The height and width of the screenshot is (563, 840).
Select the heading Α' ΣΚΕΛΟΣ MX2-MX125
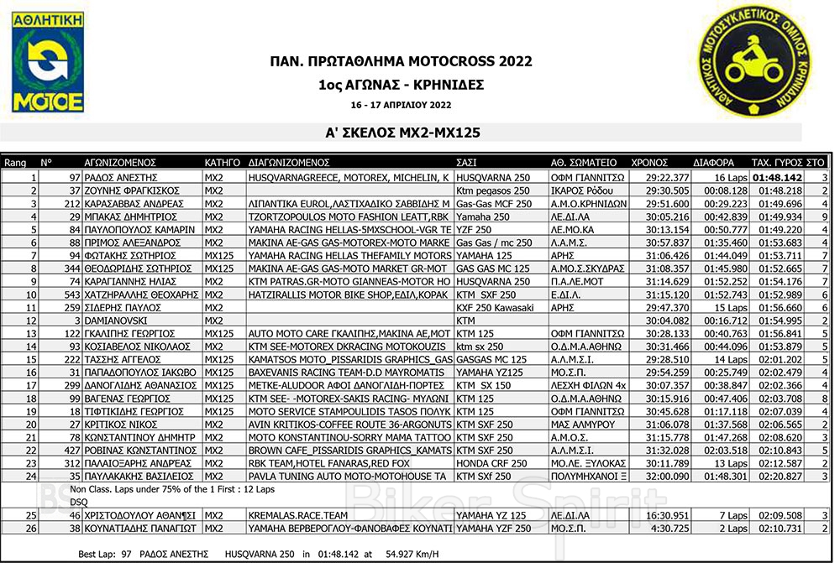coord(402,132)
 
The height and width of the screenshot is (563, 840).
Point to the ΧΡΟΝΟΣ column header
coord(648,163)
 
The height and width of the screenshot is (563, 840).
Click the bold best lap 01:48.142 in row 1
coord(777,179)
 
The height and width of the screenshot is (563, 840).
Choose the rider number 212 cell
coord(71,203)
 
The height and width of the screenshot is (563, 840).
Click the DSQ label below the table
coord(78,501)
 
